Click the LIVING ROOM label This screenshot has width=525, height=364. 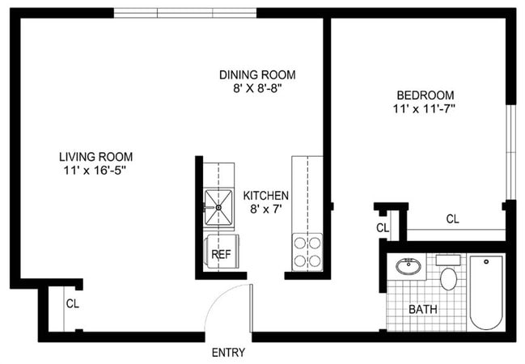tap(95, 156)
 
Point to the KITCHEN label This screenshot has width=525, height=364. tap(265, 196)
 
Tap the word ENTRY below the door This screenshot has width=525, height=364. tap(228, 353)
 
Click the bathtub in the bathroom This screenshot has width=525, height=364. tap(486, 291)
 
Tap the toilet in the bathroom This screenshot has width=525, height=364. tap(450, 276)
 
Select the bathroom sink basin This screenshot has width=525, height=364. tap(409, 266)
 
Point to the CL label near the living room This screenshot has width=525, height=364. tap(72, 304)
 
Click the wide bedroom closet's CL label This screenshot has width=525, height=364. tap(452, 218)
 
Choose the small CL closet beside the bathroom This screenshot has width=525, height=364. tap(383, 227)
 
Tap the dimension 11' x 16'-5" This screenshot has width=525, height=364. tap(95, 170)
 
